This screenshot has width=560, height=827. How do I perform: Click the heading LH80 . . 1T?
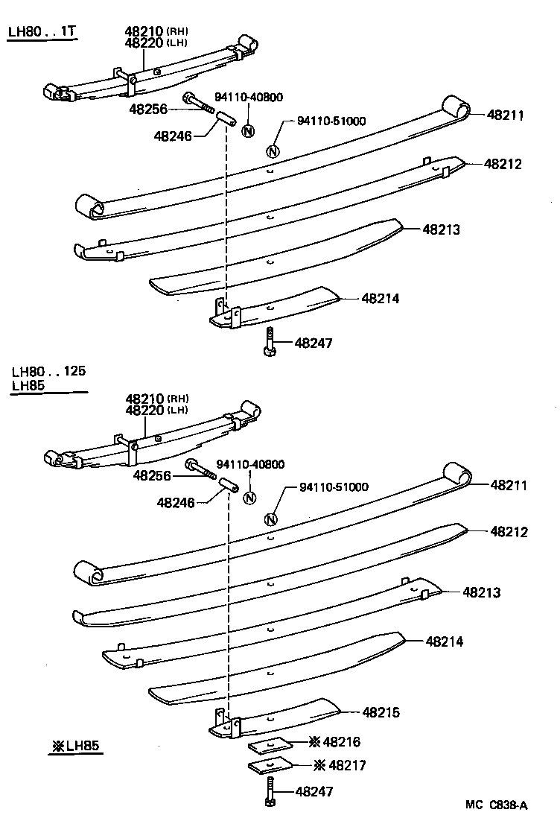pyautogui.click(x=42, y=32)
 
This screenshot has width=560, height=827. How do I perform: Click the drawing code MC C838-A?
pyautogui.click(x=497, y=805)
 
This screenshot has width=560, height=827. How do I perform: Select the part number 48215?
pyautogui.click(x=381, y=713)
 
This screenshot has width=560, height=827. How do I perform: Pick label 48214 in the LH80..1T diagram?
pyautogui.click(x=381, y=298)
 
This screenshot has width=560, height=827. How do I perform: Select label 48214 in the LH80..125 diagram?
pyautogui.click(x=445, y=641)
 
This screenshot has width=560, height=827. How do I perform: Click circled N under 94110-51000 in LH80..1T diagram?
pyautogui.click(x=273, y=151)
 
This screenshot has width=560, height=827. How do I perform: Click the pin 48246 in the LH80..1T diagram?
pyautogui.click(x=226, y=118)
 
